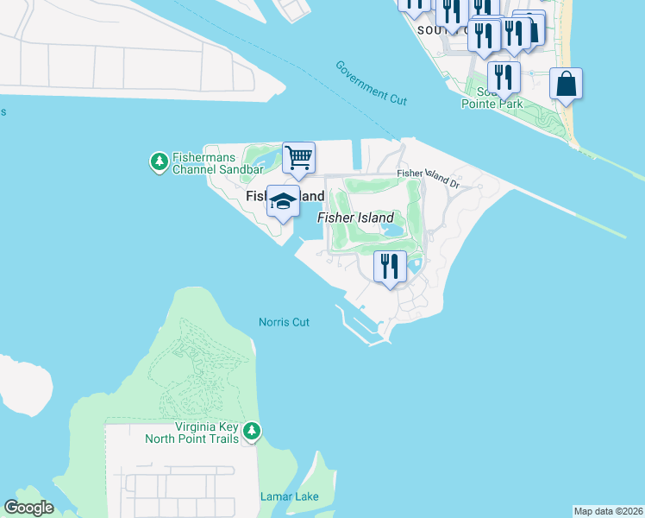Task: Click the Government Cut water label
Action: (x=371, y=83)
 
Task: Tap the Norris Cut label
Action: (x=284, y=322)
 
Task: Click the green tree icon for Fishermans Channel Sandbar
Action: (x=159, y=161)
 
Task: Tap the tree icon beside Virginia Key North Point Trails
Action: (x=251, y=430)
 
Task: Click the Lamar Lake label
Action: (x=290, y=496)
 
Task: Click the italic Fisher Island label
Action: (x=355, y=218)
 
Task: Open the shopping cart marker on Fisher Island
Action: (x=298, y=158)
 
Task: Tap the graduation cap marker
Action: (x=283, y=202)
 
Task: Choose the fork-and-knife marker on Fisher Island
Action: (x=390, y=266)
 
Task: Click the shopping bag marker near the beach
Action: (x=566, y=85)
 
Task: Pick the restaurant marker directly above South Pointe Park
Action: (x=504, y=78)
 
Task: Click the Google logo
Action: (x=28, y=508)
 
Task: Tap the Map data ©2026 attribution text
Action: (x=608, y=511)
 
